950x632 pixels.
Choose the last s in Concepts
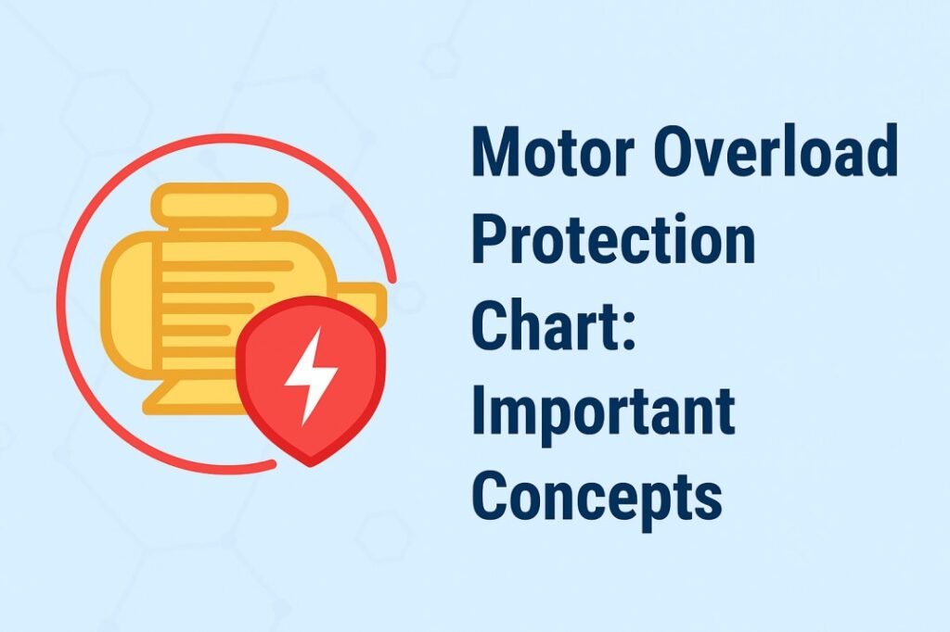[709, 500]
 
